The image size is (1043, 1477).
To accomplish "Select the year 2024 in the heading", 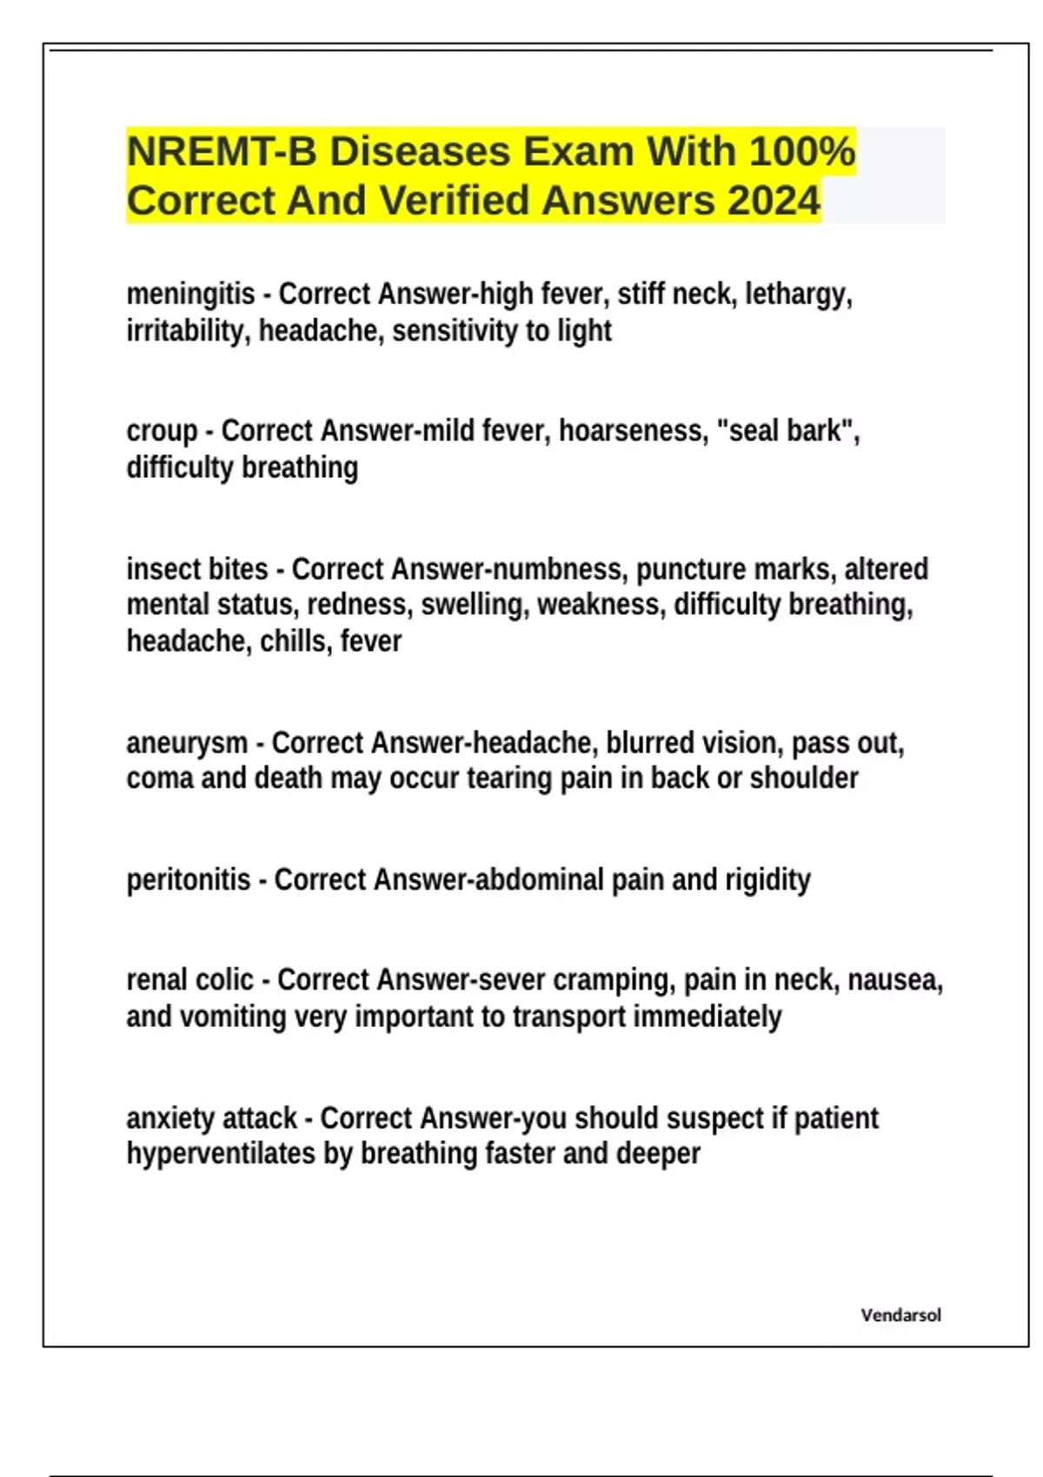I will (774, 201).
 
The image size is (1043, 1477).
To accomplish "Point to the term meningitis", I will (190, 295).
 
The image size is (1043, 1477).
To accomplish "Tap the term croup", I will (162, 431).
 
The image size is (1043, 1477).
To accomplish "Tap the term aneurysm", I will (187, 744).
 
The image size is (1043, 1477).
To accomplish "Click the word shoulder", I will (804, 778).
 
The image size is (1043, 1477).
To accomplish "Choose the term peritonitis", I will (189, 880).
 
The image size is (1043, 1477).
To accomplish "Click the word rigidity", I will (767, 880).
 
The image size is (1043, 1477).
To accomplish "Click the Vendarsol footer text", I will (900, 1315).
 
